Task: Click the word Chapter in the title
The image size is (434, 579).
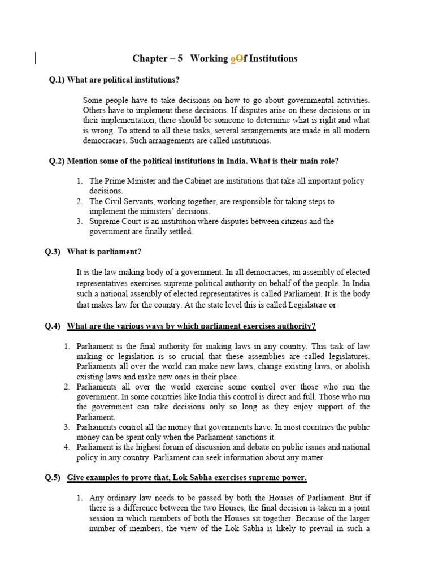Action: click(150, 59)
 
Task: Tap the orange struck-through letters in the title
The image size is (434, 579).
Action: click(237, 59)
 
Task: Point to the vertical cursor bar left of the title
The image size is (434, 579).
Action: click(36, 58)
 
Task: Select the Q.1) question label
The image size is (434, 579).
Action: click(57, 80)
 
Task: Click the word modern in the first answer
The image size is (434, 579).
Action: click(356, 131)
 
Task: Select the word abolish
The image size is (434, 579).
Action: click(357, 366)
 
